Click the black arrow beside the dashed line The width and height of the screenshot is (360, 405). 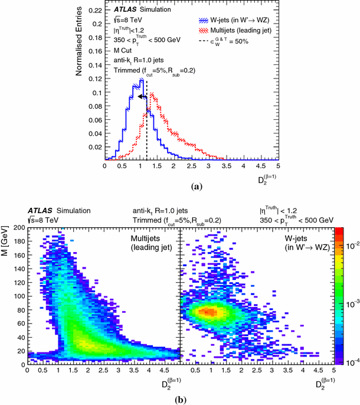tap(141, 96)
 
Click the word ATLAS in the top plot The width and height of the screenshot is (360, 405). tap(126, 8)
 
